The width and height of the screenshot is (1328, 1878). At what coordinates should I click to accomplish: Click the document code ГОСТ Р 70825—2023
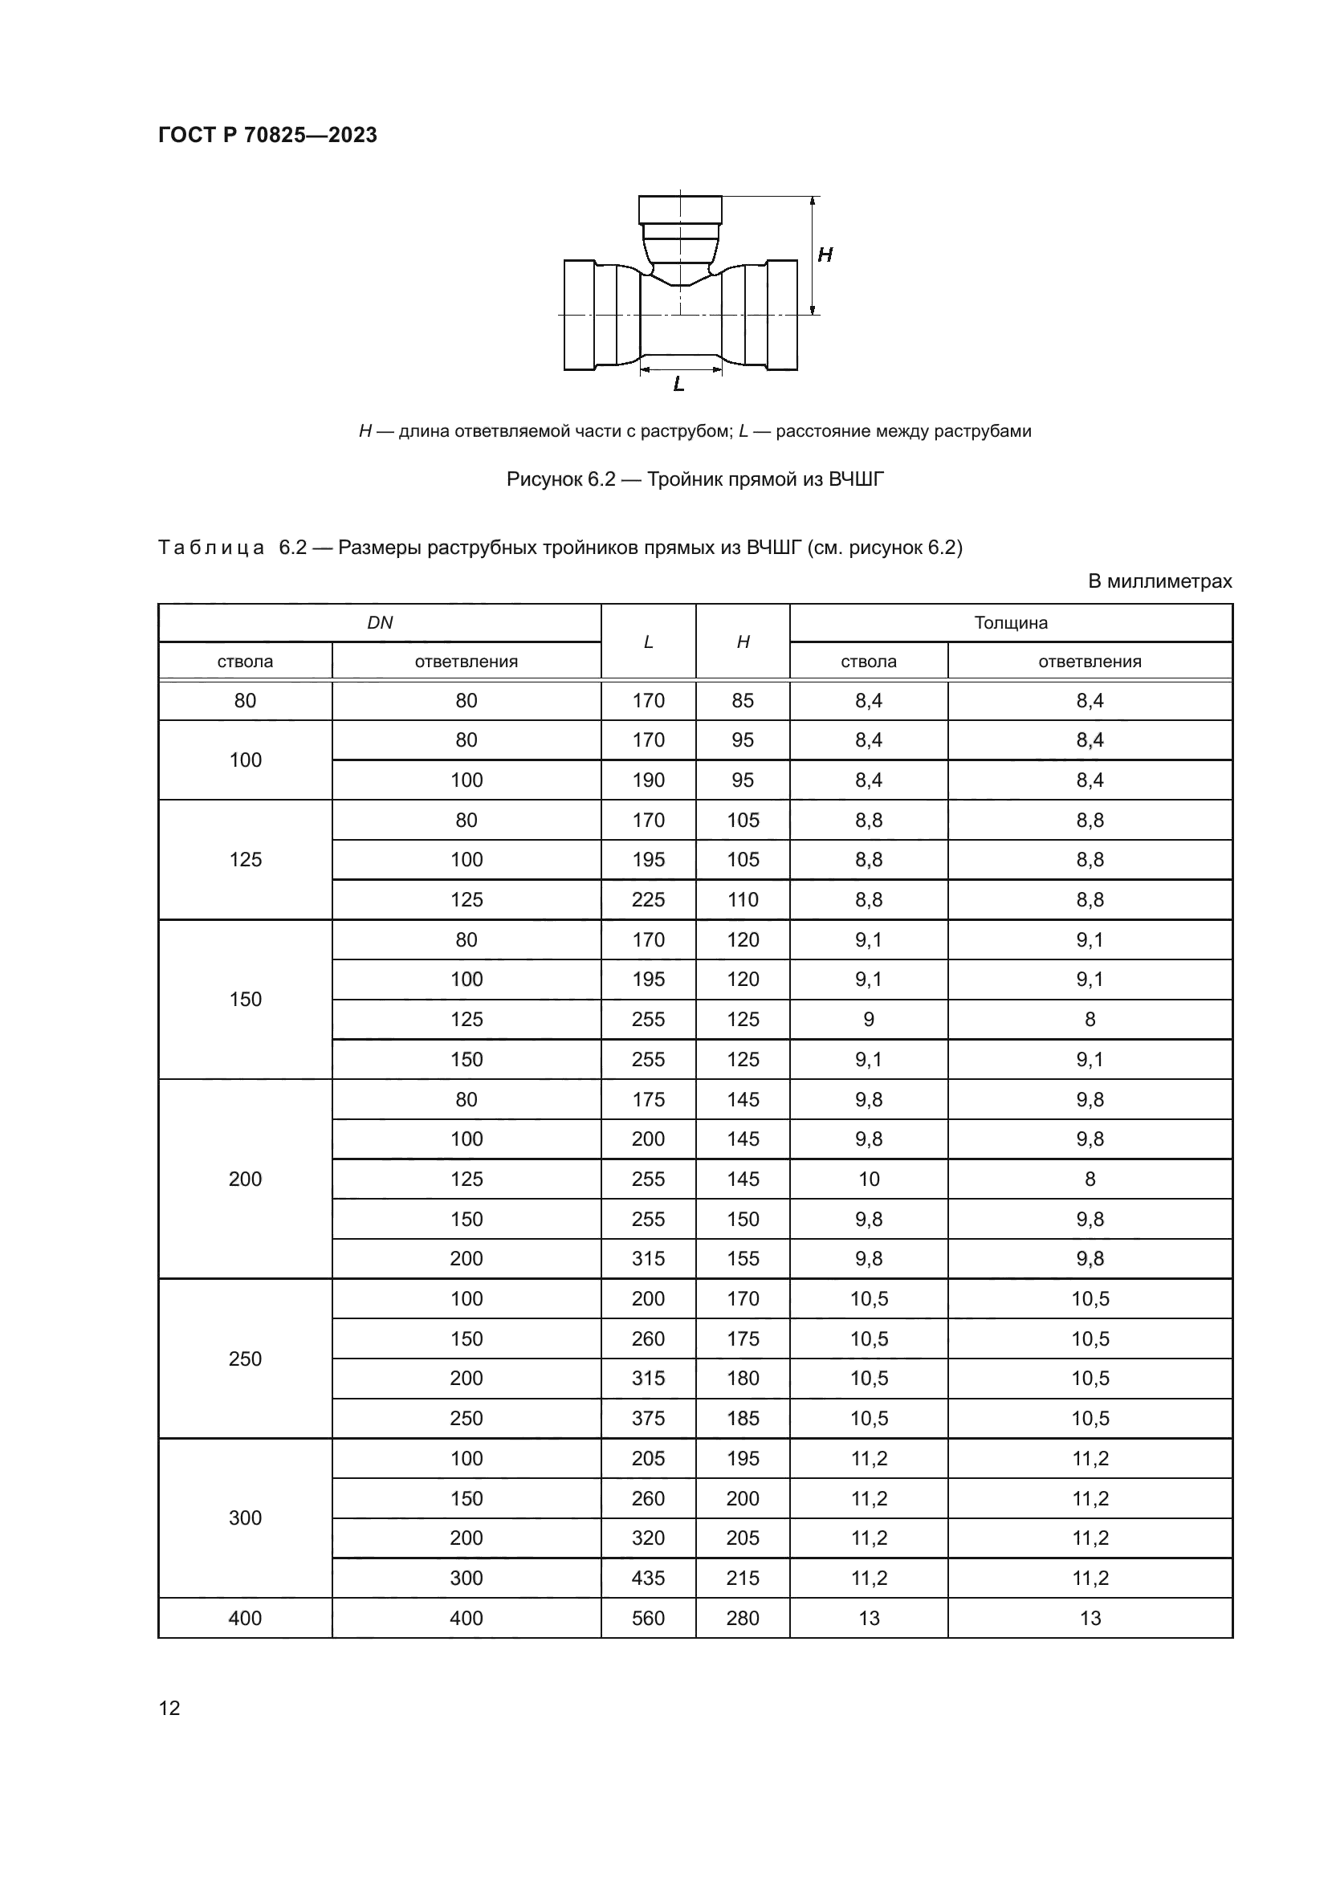(x=267, y=135)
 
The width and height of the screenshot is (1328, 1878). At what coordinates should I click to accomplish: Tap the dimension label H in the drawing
(x=825, y=255)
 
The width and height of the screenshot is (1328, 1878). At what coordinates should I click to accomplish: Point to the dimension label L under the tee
(x=678, y=385)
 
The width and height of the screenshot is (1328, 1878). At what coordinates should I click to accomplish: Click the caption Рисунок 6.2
(x=695, y=479)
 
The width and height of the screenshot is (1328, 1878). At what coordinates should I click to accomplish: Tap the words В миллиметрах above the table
(x=1159, y=581)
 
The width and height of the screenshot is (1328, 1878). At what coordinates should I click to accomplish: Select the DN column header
(x=380, y=623)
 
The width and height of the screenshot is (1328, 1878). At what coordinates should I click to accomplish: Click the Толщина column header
(x=1011, y=623)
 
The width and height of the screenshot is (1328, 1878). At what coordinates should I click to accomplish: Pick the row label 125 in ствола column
(x=246, y=860)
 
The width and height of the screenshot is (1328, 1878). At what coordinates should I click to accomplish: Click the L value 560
(x=649, y=1618)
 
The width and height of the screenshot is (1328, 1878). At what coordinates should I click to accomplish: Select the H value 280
(x=743, y=1618)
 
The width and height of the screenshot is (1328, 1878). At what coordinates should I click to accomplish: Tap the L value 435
(x=649, y=1578)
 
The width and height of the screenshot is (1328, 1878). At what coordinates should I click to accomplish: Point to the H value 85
(x=743, y=701)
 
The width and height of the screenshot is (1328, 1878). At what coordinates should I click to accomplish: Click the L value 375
(x=649, y=1418)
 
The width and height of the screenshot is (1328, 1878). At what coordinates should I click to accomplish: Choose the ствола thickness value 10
(x=869, y=1179)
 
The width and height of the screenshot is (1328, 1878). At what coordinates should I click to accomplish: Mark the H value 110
(x=743, y=900)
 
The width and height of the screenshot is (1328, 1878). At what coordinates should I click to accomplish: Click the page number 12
(x=169, y=1708)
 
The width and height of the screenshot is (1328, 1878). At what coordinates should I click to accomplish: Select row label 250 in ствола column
(x=246, y=1359)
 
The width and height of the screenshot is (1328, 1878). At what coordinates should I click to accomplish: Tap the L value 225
(x=649, y=900)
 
